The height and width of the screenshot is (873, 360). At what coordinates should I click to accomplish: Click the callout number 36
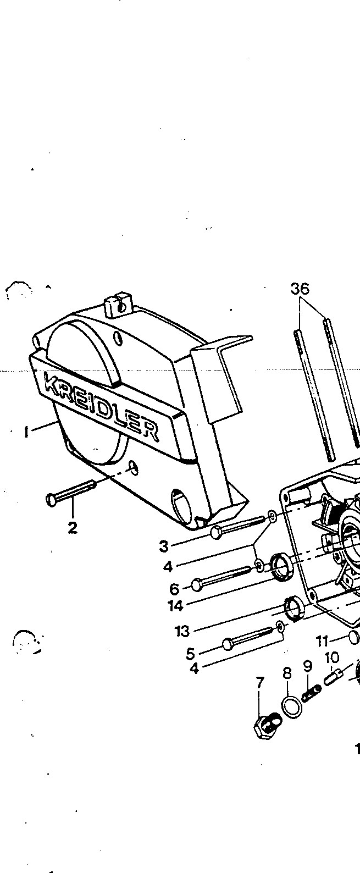[300, 289]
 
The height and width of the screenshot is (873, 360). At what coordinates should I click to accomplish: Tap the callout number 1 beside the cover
[26, 432]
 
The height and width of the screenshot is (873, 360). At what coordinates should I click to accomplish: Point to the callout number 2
[73, 528]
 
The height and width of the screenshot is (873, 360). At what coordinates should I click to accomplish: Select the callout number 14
[175, 606]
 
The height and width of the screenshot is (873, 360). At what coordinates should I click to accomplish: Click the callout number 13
[182, 631]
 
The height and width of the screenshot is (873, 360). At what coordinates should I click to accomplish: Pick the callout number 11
[322, 640]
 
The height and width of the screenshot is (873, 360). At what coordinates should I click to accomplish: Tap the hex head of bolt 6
[197, 584]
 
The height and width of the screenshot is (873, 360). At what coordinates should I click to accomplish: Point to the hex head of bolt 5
[228, 644]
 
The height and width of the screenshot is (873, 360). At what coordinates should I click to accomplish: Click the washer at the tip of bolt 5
[280, 627]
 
